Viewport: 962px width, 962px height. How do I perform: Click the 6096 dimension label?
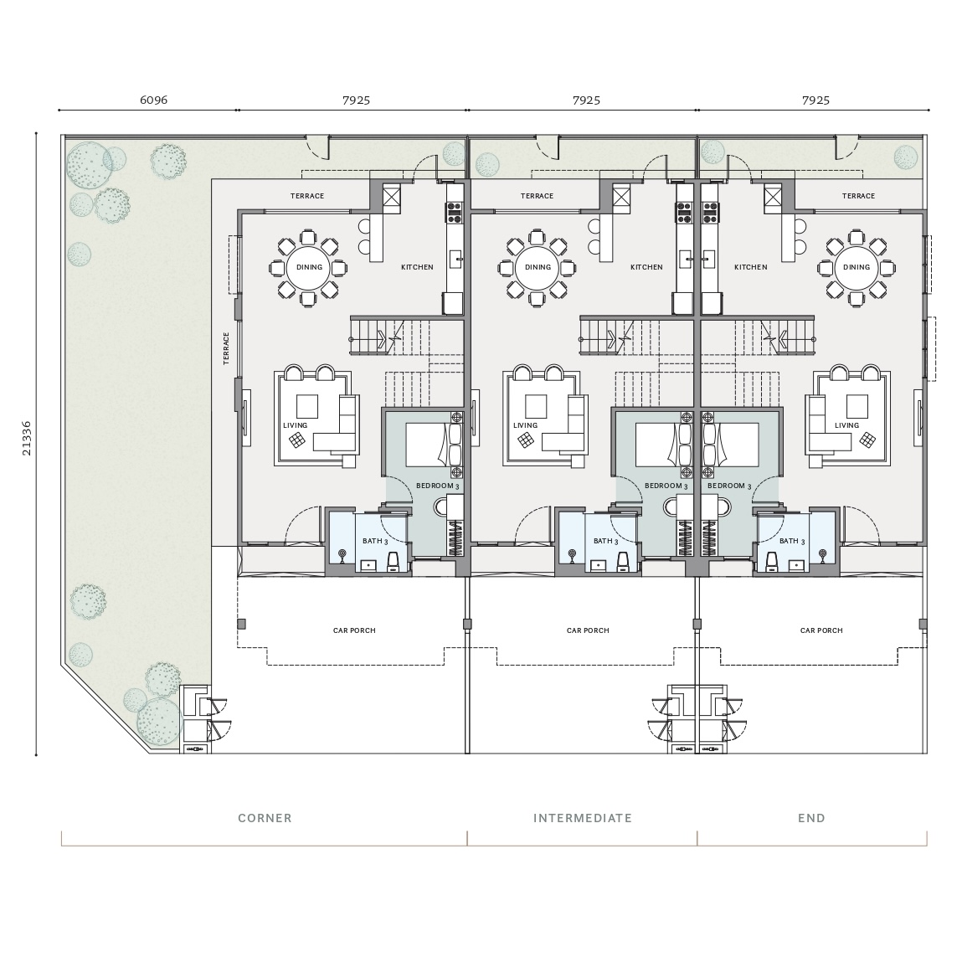tap(153, 100)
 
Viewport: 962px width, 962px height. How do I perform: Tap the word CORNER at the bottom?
tap(265, 818)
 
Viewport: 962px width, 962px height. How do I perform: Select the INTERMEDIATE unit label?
tap(582, 818)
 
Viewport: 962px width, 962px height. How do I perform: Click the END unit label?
tap(811, 818)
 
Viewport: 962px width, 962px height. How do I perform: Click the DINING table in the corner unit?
tap(309, 267)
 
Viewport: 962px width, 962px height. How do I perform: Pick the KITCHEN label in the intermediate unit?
tap(646, 267)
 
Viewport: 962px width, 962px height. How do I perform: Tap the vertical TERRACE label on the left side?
tap(226, 348)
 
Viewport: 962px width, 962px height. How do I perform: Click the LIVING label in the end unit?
tap(846, 425)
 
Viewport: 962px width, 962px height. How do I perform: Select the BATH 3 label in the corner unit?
tap(375, 541)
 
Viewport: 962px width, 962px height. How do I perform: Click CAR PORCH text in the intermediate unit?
tap(588, 630)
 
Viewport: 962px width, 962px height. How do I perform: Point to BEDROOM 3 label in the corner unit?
tap(437, 486)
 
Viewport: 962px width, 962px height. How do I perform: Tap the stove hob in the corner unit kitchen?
tap(454, 212)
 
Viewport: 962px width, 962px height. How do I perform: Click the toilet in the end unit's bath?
tap(772, 560)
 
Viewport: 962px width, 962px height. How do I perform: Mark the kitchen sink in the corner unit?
tap(455, 260)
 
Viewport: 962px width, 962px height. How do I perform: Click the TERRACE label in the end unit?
tap(858, 196)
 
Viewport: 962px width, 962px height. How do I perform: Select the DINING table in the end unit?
tap(857, 267)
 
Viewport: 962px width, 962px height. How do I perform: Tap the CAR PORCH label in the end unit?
tap(821, 630)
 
